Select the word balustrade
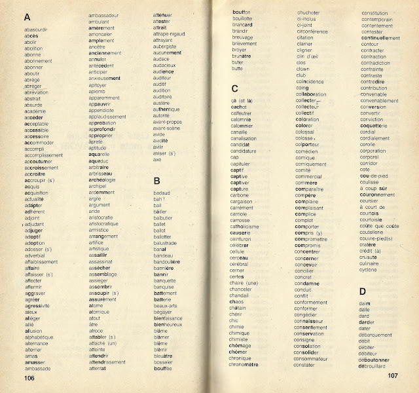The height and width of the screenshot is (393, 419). pos(167,242)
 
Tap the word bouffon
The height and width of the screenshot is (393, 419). pos(242,12)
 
